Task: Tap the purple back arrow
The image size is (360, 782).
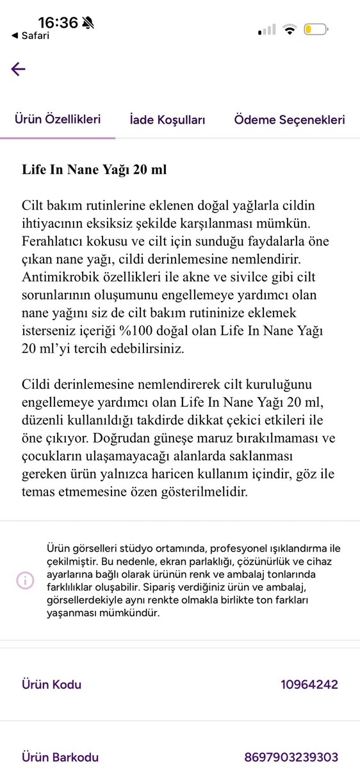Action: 18,69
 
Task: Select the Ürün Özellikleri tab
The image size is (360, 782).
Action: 58,119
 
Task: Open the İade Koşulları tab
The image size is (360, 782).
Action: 167,120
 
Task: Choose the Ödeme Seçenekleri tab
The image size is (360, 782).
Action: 290,120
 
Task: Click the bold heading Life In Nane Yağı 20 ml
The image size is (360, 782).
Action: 94,170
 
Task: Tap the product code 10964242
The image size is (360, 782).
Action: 309,685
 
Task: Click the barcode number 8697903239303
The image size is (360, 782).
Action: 291,758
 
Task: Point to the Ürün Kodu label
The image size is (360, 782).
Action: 52,685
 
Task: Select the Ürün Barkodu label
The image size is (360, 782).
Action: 60,758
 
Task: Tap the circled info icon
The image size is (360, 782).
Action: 25,580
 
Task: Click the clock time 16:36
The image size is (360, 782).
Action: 58,23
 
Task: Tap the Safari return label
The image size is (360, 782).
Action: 33,36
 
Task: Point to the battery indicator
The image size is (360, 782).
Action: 316,29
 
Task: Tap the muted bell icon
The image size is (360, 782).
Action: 88,23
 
